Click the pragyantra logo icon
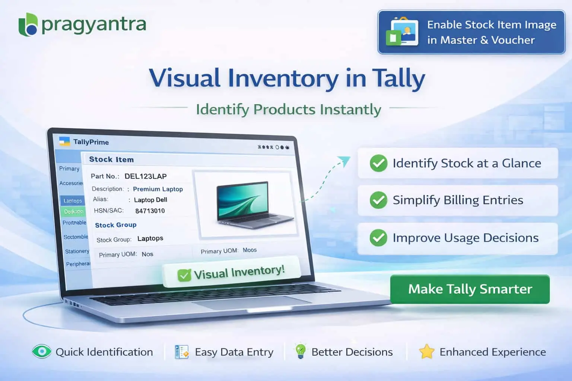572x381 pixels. coord(28,25)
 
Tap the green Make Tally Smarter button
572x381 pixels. coord(470,289)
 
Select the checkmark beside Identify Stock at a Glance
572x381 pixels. coord(378,163)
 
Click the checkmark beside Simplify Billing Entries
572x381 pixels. coord(378,200)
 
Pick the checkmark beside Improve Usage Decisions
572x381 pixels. coord(378,237)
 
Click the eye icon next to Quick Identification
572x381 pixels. coord(41,352)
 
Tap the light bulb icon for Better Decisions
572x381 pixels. coord(300,351)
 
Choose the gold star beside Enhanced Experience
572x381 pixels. coord(426,352)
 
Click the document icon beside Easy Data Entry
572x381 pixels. coord(182,352)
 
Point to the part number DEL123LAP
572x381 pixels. coord(145,176)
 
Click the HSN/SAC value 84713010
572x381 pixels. coord(150,211)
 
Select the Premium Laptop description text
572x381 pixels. coord(158,189)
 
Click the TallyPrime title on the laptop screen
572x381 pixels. coord(91,142)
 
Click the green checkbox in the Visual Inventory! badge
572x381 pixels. coord(184,275)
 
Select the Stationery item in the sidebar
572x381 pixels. coord(77,251)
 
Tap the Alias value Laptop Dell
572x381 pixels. coord(150,200)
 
